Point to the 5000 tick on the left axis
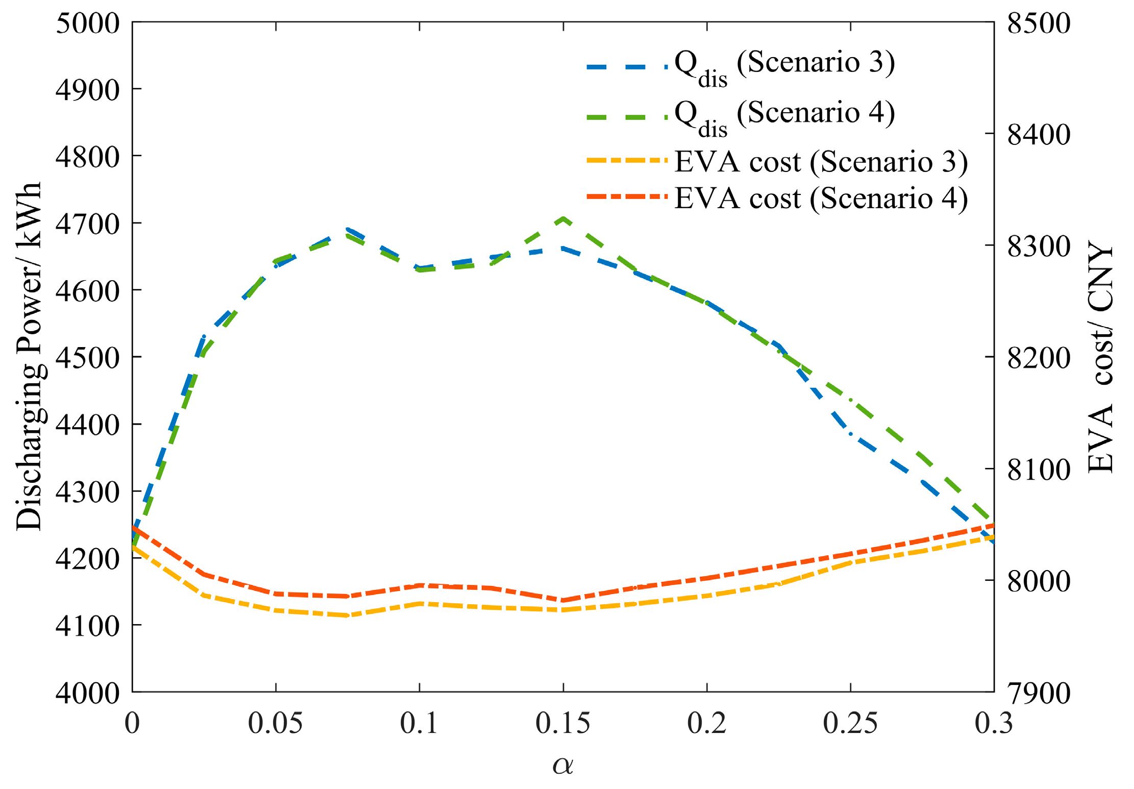(x=88, y=23)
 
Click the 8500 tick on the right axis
(x=1039, y=23)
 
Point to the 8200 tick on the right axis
(x=1039, y=358)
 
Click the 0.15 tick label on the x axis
(x=563, y=723)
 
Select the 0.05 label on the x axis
(x=276, y=723)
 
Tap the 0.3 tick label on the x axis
(x=994, y=723)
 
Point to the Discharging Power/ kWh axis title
(x=30, y=356)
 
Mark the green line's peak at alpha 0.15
(x=563, y=218)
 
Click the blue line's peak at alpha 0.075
(x=348, y=230)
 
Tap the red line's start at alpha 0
(x=133, y=527)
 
